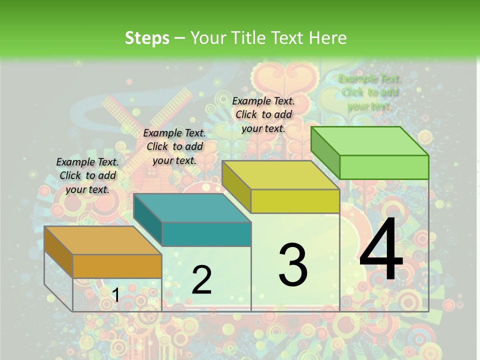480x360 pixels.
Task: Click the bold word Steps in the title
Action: [147, 38]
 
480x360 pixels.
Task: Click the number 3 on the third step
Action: [293, 264]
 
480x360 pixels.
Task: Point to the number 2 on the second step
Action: [201, 280]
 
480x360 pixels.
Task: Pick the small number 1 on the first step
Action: [115, 295]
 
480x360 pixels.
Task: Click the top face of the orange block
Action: [102, 240]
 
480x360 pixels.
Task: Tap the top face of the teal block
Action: [192, 208]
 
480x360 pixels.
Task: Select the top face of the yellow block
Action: [280, 175]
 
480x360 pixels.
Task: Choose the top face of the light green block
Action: [369, 141]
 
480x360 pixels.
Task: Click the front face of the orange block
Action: [117, 266]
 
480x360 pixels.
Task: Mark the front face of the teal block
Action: [206, 234]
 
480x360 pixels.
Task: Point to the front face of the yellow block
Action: [295, 201]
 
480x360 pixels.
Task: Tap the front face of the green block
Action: [384, 167]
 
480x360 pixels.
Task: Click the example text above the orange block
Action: [87, 175]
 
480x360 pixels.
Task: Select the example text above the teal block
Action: [174, 146]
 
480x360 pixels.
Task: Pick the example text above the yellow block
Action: [263, 114]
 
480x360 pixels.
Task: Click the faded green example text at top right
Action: [370, 92]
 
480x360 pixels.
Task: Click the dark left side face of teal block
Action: [148, 220]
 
